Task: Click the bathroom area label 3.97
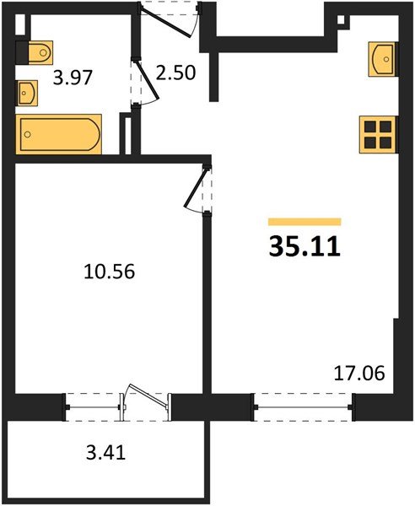[x=73, y=79]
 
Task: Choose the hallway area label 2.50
[x=176, y=72]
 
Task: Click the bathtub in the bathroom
[x=59, y=135]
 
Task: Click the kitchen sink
[x=382, y=57]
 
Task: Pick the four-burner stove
[x=376, y=133]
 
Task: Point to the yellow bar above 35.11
[x=305, y=221]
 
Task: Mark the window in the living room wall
[x=303, y=406]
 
